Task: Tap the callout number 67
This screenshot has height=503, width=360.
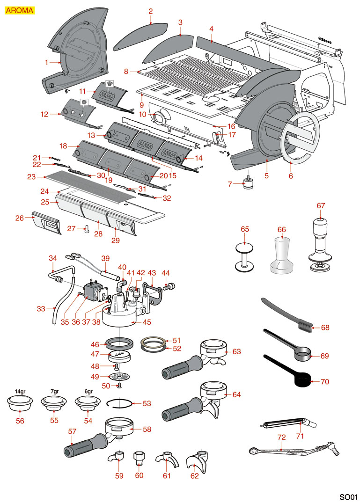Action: (x=321, y=205)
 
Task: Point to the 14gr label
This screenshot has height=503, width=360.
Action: (x=20, y=391)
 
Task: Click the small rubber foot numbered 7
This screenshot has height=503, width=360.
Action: (x=248, y=184)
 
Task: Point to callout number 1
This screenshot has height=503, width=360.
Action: (x=47, y=62)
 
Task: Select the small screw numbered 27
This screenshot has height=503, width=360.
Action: (x=87, y=229)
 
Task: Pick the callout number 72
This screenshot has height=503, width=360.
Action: (x=281, y=437)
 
